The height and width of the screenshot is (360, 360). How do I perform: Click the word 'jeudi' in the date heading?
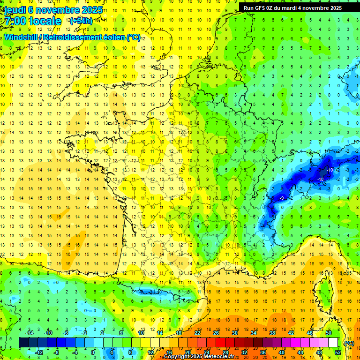tap(14, 10)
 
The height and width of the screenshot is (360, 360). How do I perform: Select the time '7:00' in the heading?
tap(15, 21)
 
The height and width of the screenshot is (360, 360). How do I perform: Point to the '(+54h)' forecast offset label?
tap(81, 21)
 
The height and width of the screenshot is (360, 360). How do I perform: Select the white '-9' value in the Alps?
tap(282, 198)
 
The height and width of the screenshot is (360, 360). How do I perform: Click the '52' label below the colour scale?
tap(337, 352)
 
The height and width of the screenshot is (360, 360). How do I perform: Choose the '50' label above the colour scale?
tap(328, 333)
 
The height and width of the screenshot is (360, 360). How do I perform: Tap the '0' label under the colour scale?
tap(93, 352)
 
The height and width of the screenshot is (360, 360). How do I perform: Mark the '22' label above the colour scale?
tap(197, 333)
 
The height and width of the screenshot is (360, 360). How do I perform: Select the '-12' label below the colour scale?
tap(39, 352)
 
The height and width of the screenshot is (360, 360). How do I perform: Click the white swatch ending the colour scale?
tap(333, 343)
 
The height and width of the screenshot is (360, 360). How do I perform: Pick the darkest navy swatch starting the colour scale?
tap(23, 343)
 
